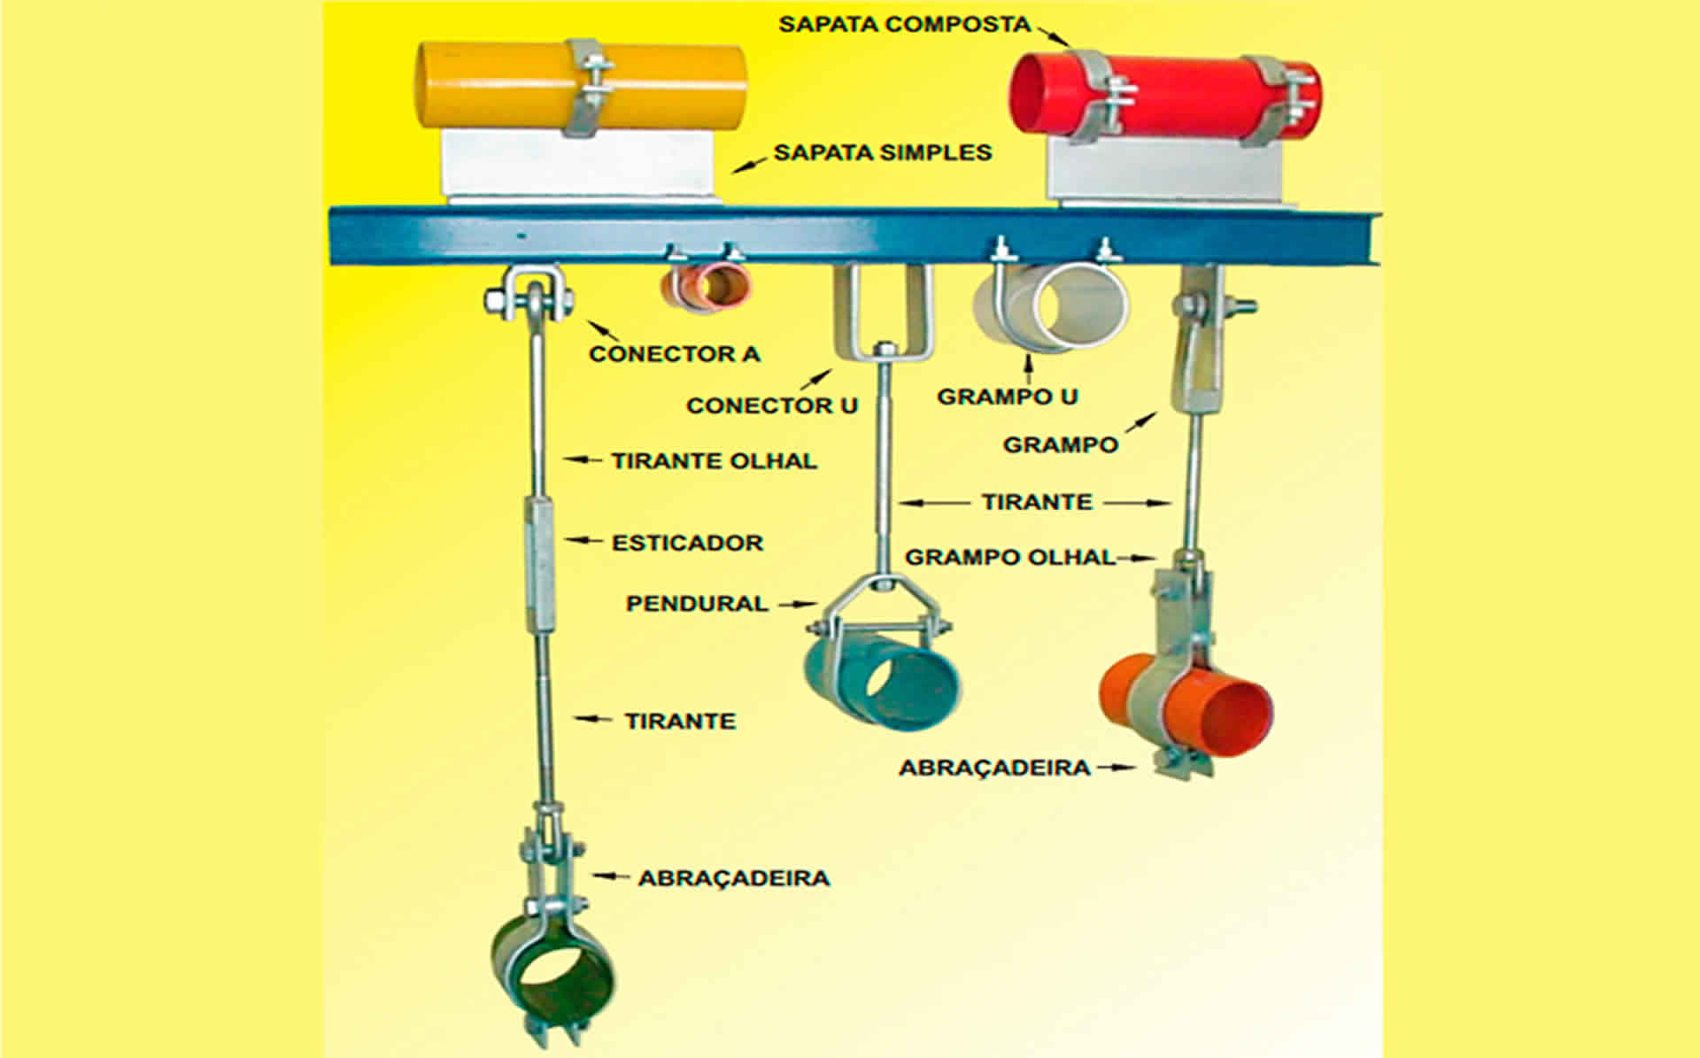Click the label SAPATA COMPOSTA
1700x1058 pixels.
click(904, 24)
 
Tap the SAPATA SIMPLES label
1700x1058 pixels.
click(882, 152)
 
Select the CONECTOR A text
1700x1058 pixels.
click(674, 354)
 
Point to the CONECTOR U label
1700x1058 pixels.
click(771, 405)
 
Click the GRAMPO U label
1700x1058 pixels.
click(1007, 396)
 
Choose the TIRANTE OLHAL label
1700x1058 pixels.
click(714, 460)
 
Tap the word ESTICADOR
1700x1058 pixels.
click(687, 542)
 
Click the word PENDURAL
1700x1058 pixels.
click(697, 604)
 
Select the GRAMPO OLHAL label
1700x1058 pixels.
click(1009, 557)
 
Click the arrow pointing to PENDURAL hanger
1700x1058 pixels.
click(797, 604)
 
